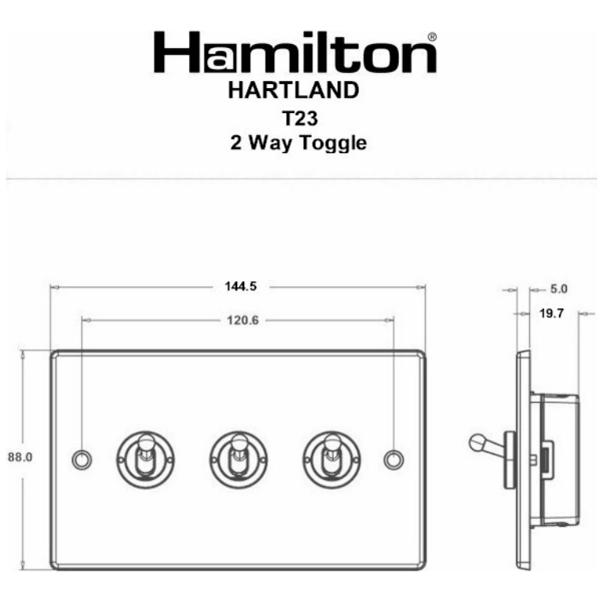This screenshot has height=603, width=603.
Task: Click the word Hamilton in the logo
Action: click(294, 54)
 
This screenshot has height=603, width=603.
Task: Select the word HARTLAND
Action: click(293, 90)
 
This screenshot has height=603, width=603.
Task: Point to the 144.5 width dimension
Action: click(236, 287)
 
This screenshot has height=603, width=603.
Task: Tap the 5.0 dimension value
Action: click(559, 289)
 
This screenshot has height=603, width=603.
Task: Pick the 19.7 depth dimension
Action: click(553, 314)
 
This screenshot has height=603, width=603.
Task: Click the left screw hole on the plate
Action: click(81, 459)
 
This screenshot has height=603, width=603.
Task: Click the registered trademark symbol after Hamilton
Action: click(431, 37)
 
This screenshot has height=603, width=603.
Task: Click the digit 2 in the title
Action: click(235, 144)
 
